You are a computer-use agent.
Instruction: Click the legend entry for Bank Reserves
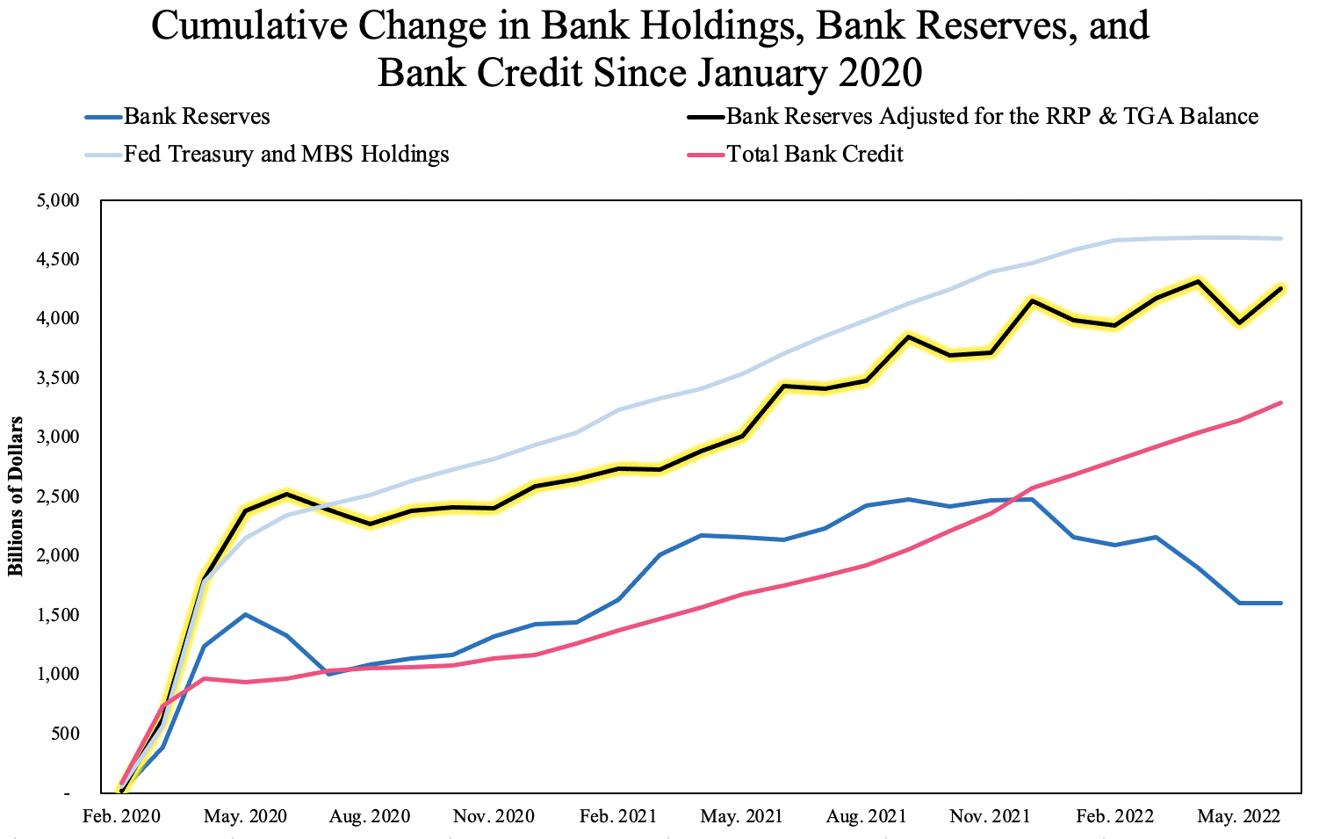tap(197, 117)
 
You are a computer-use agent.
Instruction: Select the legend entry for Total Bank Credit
tap(814, 155)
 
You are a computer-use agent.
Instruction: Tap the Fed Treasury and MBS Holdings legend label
tap(285, 155)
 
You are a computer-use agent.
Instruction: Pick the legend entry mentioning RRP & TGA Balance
tap(991, 117)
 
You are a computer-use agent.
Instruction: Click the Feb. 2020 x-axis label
tap(121, 816)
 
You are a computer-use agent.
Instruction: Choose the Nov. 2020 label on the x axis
tap(494, 816)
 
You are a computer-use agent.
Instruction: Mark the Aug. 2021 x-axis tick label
tap(866, 816)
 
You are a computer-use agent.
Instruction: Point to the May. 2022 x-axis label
tap(1238, 816)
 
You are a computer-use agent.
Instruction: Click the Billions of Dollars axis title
tap(16, 496)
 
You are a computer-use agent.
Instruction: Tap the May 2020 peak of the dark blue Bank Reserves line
tap(245, 614)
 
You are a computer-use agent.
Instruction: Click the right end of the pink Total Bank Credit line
tap(1280, 403)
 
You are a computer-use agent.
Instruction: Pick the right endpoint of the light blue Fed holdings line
tap(1280, 238)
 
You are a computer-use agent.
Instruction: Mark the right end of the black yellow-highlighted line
tap(1280, 288)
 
